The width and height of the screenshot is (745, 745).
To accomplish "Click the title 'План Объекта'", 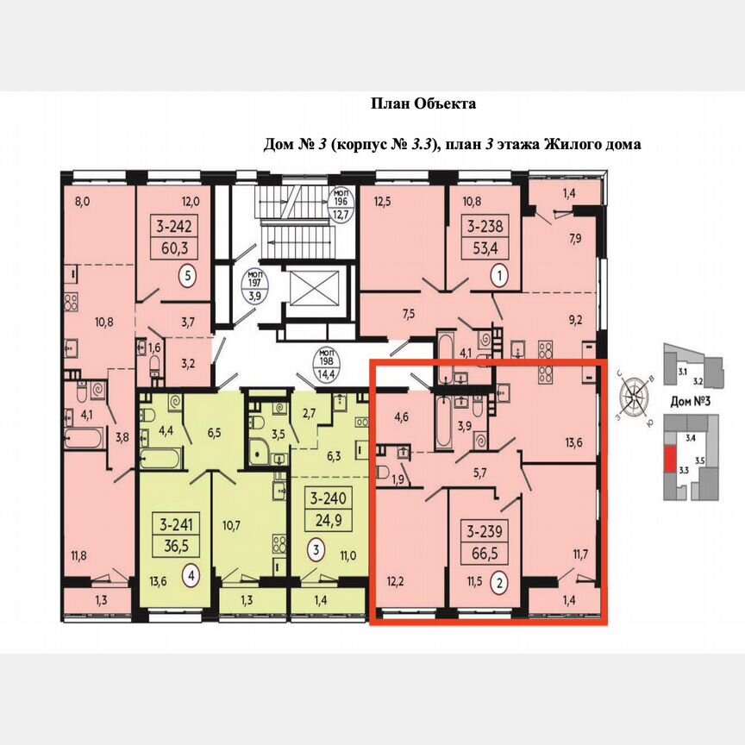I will point(423,103).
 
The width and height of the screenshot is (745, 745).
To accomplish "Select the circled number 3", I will point(318,548).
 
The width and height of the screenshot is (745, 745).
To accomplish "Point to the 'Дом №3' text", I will point(689,403).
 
